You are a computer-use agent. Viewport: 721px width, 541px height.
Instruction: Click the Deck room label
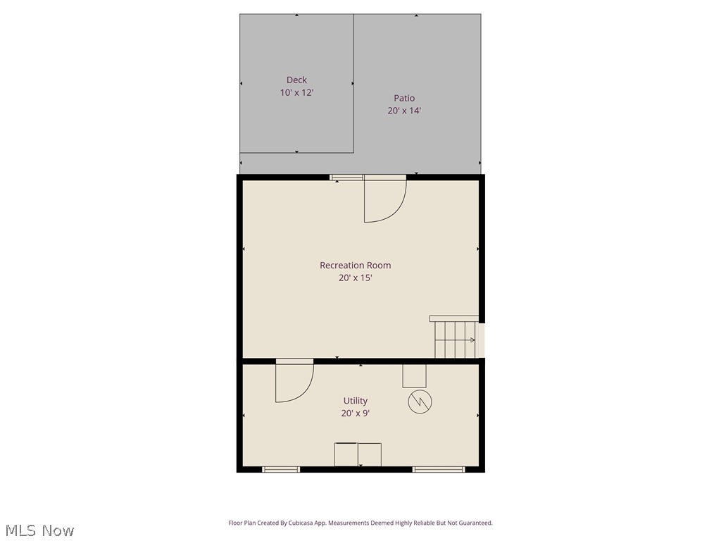point(296,80)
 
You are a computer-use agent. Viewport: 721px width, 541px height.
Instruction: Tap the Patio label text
point(404,99)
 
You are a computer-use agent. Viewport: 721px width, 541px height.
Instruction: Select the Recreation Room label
point(355,266)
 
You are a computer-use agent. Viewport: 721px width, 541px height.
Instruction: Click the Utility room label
point(356,401)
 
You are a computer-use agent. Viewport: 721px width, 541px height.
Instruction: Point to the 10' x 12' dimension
point(296,93)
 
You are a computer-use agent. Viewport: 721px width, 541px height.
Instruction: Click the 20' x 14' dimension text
point(404,111)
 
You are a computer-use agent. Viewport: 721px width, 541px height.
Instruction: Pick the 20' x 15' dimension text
point(355,278)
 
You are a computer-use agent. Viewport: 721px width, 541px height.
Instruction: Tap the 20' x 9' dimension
point(356,413)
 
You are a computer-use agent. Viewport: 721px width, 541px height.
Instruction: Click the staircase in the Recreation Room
point(456,338)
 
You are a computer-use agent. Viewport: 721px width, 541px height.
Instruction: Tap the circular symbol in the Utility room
point(420,402)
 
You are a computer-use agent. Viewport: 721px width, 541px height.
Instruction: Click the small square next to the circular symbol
point(414,375)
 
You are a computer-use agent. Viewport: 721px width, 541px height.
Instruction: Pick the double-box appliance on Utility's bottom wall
point(358,454)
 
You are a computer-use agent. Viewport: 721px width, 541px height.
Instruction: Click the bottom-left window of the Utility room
point(281,469)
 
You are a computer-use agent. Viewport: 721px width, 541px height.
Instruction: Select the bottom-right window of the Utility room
point(439,469)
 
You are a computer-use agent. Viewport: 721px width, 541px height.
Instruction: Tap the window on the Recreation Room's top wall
point(346,177)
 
